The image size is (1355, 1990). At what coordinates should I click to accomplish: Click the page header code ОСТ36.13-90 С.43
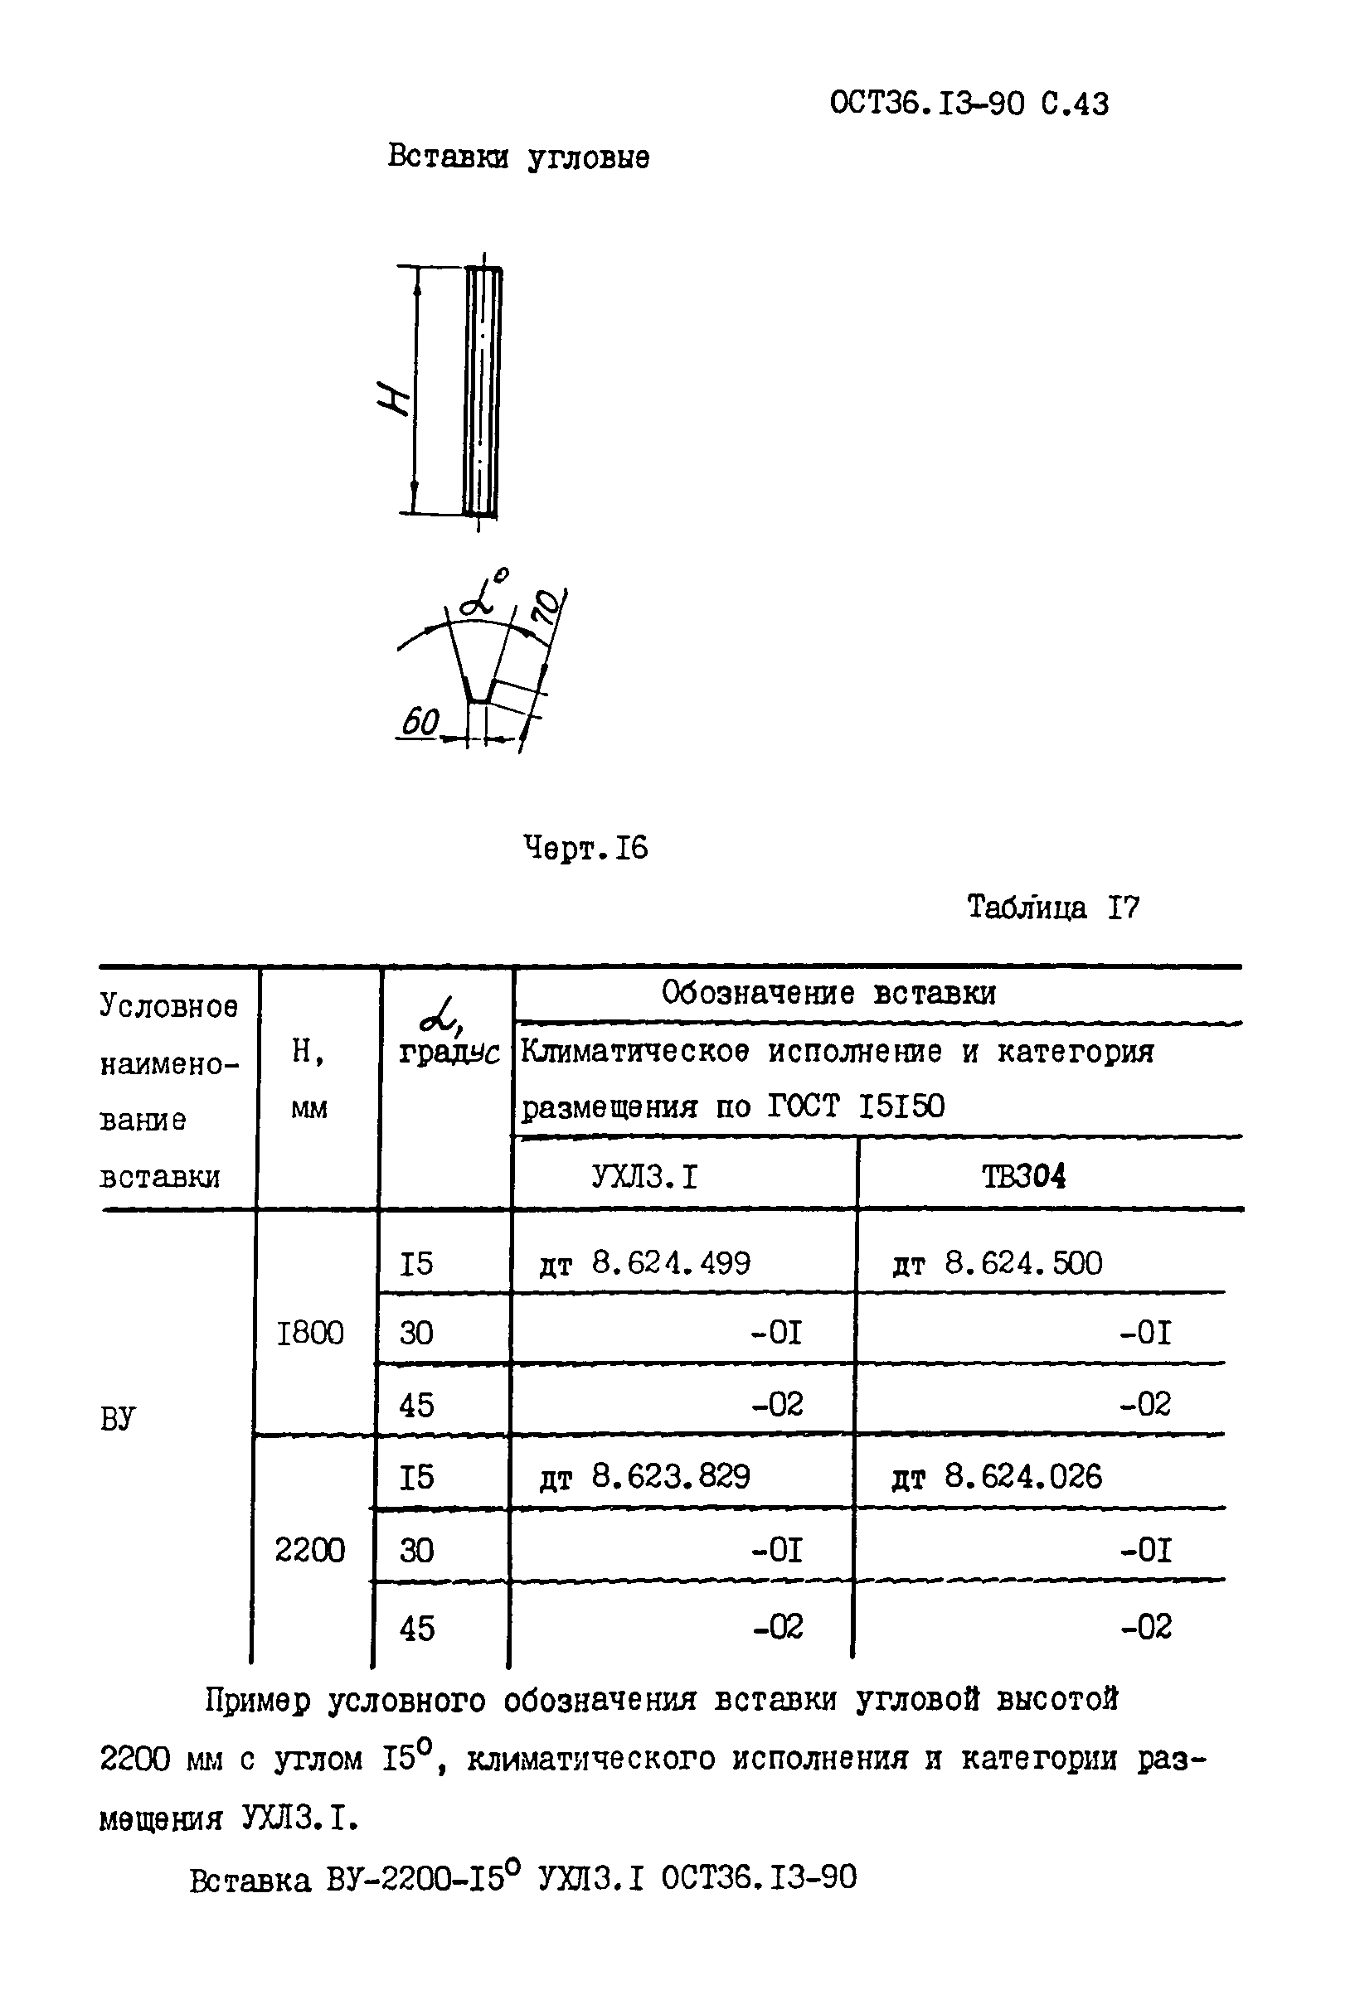pyautogui.click(x=969, y=104)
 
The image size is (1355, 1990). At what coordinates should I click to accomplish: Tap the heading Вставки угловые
pyautogui.click(x=518, y=157)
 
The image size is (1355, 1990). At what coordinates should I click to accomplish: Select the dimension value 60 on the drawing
pyautogui.click(x=420, y=723)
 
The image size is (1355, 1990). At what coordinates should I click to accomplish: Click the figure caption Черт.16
pyautogui.click(x=585, y=849)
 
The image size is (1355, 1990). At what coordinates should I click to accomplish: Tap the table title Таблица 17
pyautogui.click(x=1052, y=908)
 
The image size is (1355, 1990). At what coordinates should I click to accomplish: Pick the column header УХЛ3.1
pyautogui.click(x=644, y=1178)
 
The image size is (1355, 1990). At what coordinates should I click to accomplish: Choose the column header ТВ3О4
pyautogui.click(x=1023, y=1178)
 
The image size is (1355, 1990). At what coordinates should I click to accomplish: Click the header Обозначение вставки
pyautogui.click(x=828, y=993)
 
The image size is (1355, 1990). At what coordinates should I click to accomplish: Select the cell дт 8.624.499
pyautogui.click(x=644, y=1263)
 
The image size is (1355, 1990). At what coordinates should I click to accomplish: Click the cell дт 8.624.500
pyautogui.click(x=997, y=1263)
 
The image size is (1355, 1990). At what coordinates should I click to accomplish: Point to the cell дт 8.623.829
pyautogui.click(x=644, y=1476)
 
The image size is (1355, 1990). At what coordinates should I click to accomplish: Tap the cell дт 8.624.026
pyautogui.click(x=997, y=1476)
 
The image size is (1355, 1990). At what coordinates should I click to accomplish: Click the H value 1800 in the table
pyautogui.click(x=310, y=1334)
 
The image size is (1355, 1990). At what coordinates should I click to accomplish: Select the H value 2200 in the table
pyautogui.click(x=310, y=1550)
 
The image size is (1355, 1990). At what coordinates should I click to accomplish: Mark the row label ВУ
pyautogui.click(x=118, y=1420)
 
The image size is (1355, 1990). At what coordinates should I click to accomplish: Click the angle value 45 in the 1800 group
pyautogui.click(x=416, y=1405)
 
